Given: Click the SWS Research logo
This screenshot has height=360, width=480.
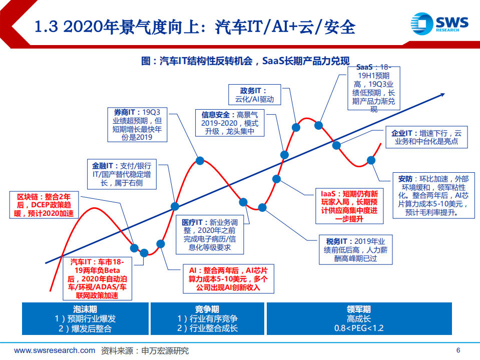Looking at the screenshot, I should pyautogui.click(x=439, y=24).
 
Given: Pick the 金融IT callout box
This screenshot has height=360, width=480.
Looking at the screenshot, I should pyautogui.click(x=122, y=174).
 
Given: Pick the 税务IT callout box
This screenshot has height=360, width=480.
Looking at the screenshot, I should pyautogui.click(x=356, y=249).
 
